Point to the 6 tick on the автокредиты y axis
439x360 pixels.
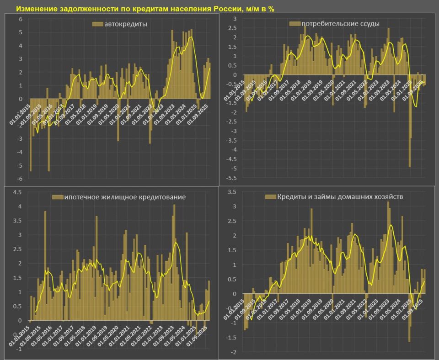(x=20, y=19)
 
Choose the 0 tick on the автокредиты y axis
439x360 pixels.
(x=20, y=98)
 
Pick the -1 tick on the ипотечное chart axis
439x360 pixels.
(x=18, y=349)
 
